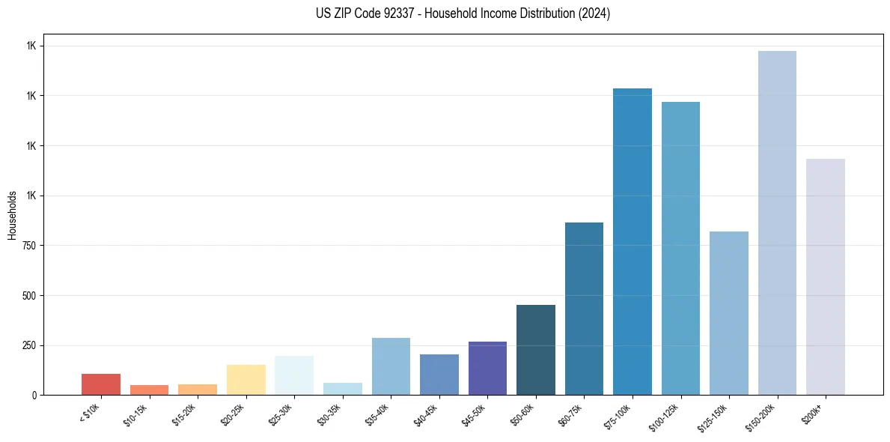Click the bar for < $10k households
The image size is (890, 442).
click(x=101, y=384)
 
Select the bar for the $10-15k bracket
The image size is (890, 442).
click(x=149, y=390)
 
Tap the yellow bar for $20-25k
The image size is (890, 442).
click(x=246, y=380)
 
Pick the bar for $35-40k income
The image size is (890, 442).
click(x=391, y=366)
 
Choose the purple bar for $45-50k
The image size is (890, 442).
click(x=487, y=369)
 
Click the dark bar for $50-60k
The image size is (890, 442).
click(x=536, y=350)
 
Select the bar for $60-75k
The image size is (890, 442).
click(x=584, y=309)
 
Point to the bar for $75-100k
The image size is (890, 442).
click(x=633, y=242)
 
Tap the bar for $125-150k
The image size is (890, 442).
click(x=729, y=313)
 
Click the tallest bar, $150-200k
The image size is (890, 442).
click(x=777, y=223)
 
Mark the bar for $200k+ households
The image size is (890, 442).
click(x=826, y=277)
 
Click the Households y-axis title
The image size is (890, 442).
click(x=12, y=214)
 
